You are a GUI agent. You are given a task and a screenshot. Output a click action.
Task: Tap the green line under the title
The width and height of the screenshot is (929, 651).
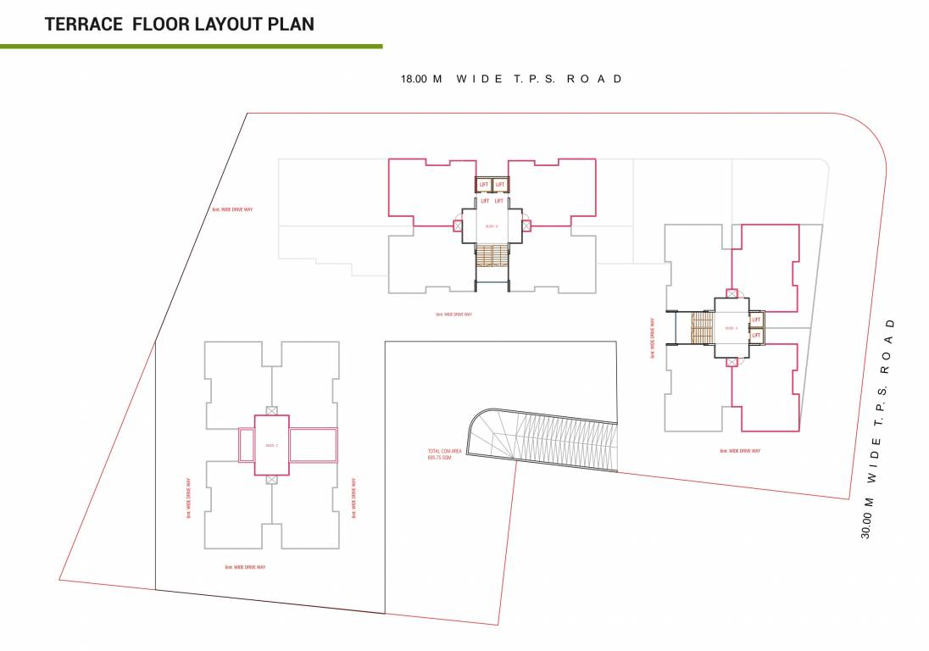click(191, 46)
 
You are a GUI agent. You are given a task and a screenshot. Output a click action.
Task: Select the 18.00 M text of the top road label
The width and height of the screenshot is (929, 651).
click(421, 79)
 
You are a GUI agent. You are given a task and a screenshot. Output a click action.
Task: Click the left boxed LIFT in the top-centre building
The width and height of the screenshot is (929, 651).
click(484, 184)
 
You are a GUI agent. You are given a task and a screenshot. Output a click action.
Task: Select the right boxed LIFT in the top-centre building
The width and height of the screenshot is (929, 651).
click(499, 184)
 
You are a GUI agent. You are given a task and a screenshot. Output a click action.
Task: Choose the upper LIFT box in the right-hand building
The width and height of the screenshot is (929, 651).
click(756, 320)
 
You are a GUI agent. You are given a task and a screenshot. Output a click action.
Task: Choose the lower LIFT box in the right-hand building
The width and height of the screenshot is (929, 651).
click(756, 335)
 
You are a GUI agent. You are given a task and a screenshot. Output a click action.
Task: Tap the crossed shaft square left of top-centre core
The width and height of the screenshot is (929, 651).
click(458, 225)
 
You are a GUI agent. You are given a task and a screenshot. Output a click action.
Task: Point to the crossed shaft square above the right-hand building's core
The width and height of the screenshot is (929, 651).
click(732, 293)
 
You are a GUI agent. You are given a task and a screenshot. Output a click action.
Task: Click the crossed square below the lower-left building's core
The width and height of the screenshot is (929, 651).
click(271, 479)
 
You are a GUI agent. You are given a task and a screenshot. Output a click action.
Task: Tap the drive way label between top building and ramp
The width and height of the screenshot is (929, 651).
click(453, 314)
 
